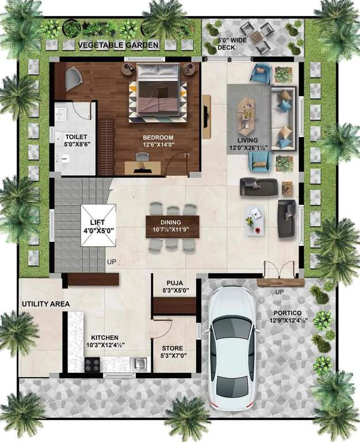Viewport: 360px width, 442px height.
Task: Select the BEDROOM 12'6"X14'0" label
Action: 158,141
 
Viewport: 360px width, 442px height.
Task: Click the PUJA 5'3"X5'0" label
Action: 174,287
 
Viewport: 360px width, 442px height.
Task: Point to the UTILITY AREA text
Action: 45,304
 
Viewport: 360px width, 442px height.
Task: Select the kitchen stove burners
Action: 93,364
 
